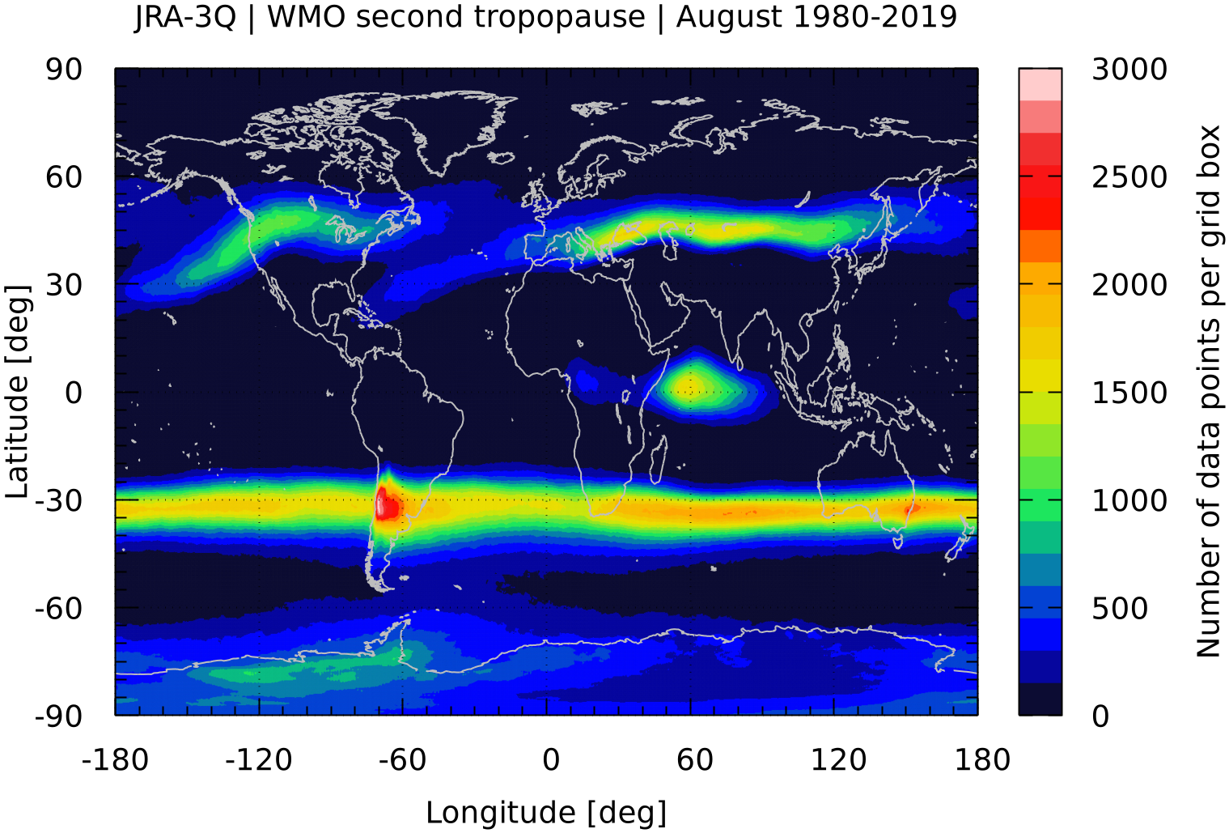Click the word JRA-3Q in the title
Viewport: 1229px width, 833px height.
185,17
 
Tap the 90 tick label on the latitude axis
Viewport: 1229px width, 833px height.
64,70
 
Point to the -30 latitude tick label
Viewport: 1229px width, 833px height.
59,500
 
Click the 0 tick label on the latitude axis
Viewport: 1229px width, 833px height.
74,393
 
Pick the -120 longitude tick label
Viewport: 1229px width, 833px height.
259,760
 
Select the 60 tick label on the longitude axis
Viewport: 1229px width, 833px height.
695,760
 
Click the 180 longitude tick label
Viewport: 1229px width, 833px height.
982,760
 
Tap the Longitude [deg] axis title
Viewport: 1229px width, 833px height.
546,812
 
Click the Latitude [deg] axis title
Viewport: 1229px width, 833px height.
18,392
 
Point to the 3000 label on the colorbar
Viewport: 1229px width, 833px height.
1129,70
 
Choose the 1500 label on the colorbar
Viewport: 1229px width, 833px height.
1129,393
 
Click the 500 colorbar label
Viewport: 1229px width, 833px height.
1120,608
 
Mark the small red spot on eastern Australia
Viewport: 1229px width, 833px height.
911,509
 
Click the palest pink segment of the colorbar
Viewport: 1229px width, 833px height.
1040,84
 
